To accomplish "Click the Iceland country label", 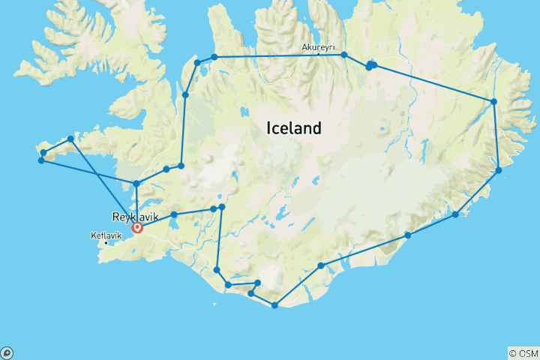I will [x=294, y=128].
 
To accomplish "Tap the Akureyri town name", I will [x=317, y=47].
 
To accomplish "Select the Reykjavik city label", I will [x=114, y=216].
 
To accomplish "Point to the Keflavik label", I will [x=100, y=235].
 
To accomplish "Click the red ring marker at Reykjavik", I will [x=137, y=227].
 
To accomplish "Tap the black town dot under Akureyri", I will [x=319, y=54].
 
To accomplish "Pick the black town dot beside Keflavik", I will [x=106, y=242].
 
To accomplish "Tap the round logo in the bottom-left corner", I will [x=7, y=352].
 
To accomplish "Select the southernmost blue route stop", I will [x=275, y=305].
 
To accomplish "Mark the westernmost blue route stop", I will [x=40, y=160].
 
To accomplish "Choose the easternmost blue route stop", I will [x=499, y=171].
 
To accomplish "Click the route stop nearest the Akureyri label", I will [x=344, y=55].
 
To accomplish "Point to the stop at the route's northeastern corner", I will [x=493, y=101].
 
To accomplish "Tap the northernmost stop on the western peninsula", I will [x=70, y=139].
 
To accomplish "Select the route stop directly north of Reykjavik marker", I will [x=136, y=183].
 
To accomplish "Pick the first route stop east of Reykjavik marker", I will [x=174, y=214].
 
